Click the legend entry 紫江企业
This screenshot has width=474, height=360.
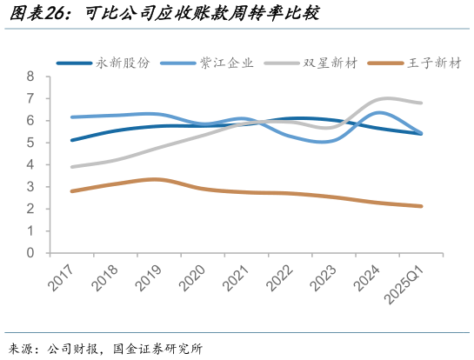(227, 63)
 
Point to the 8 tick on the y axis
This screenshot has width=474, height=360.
(30, 77)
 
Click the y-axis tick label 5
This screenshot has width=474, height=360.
(30, 143)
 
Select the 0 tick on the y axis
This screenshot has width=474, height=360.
(30, 253)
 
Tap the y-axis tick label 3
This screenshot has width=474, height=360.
(30, 187)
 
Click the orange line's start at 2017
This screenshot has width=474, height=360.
(71, 191)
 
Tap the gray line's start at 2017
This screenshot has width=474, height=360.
(71, 167)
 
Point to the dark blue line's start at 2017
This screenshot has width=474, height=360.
(71, 140)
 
